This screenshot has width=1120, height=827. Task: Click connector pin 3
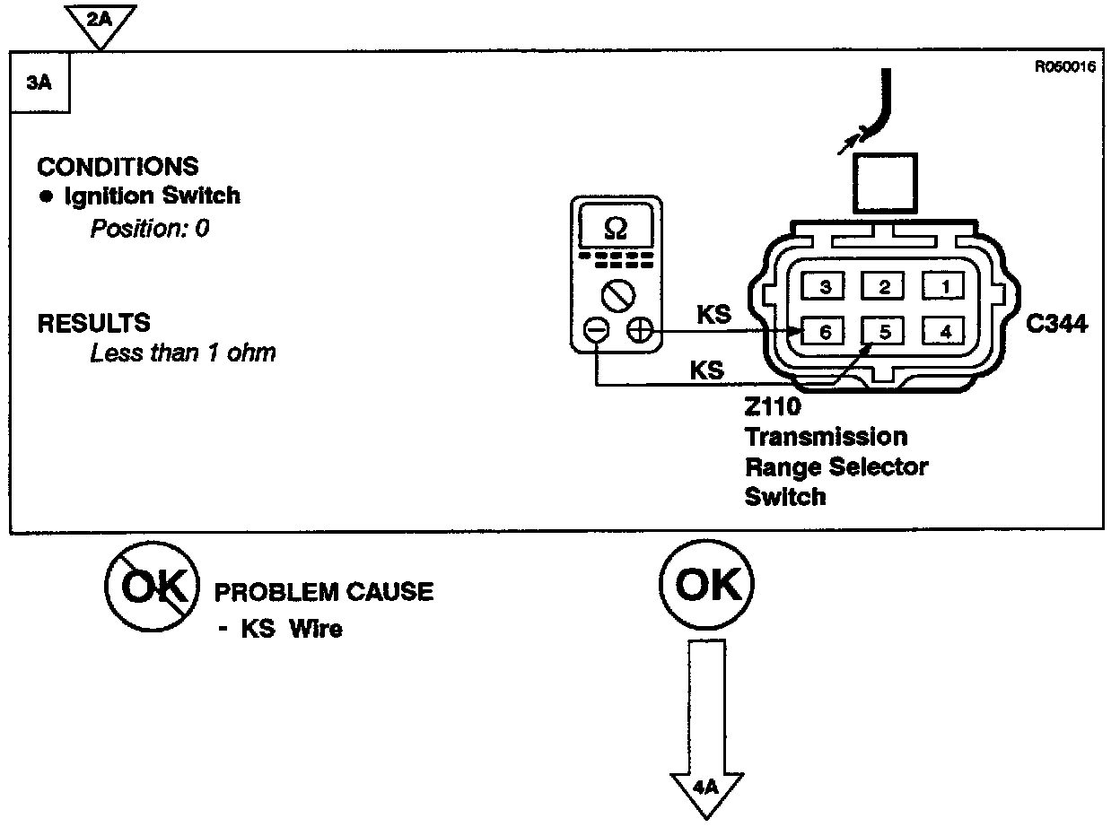pos(825,287)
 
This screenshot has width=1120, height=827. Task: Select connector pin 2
pos(884,287)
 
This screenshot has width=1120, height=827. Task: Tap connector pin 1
pos(943,287)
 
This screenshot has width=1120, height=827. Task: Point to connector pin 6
pos(825,332)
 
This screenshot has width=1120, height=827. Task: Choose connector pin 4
pos(943,332)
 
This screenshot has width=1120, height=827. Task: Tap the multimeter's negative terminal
pos(596,331)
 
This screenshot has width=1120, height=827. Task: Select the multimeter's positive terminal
pos(639,331)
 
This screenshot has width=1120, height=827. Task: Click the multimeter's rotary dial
pos(617,294)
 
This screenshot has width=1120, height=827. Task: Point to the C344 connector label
pos(1057,324)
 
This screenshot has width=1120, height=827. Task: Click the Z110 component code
pos(772,407)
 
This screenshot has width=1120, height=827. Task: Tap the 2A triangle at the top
pos(101,21)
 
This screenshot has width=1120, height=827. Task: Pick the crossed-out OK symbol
pos(150,588)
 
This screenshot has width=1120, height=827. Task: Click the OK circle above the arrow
pos(707,585)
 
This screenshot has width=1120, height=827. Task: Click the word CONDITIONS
pos(118,167)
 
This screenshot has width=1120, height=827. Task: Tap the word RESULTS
pos(93,323)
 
